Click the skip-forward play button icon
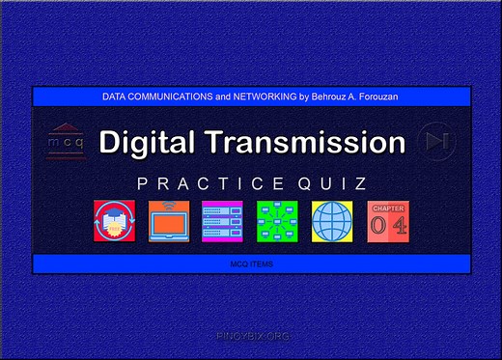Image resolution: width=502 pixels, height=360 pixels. [438, 141]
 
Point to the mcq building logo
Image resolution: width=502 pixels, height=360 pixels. [66, 141]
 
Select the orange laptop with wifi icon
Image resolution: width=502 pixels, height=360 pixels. [168, 221]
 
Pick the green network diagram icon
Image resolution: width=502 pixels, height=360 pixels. [278, 221]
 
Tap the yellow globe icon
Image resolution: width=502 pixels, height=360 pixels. [333, 221]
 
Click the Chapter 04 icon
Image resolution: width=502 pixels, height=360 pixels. [388, 221]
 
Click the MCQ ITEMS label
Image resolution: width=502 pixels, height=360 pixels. [251, 263]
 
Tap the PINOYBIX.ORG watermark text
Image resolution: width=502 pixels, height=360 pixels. [251, 336]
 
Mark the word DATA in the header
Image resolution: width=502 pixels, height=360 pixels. [114, 97]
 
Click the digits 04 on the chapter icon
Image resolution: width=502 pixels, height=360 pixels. [388, 226]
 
